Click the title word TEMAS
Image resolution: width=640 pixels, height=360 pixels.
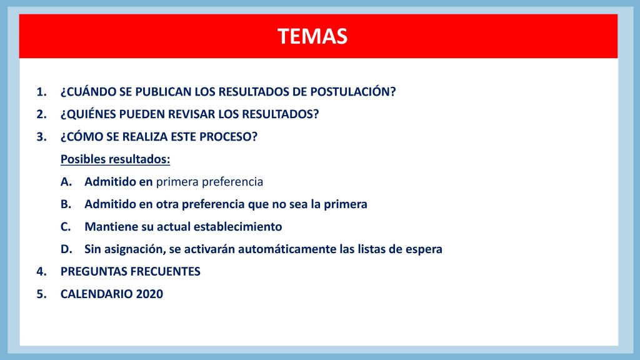[x=312, y=36]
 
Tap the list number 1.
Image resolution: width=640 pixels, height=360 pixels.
[x=41, y=92]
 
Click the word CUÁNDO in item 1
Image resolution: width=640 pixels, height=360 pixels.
[x=89, y=91]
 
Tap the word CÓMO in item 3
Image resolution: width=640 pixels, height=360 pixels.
[x=82, y=136]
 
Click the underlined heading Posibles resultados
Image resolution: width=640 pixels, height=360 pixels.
[x=116, y=159]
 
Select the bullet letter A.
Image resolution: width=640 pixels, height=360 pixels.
[x=66, y=182]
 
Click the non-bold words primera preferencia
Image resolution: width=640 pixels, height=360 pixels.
[x=209, y=182]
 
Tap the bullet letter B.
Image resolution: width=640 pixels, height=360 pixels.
[x=66, y=204]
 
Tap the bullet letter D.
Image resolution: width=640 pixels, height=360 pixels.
[x=66, y=249]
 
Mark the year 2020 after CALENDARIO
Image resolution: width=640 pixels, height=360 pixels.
[x=149, y=294]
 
